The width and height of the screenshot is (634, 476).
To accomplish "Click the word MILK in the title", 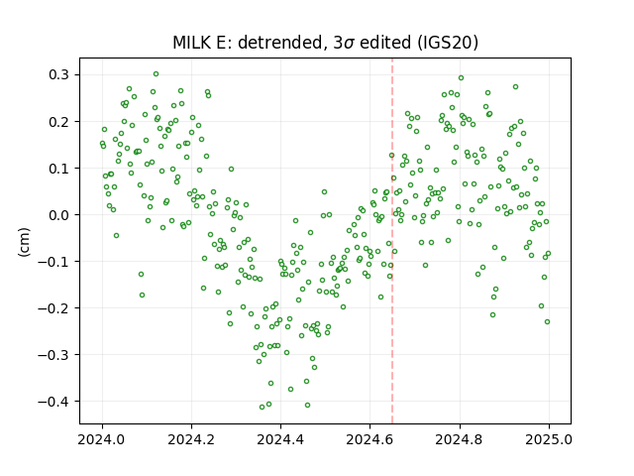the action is tap(192, 43).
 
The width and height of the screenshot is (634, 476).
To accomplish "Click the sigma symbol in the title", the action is tap(350, 44).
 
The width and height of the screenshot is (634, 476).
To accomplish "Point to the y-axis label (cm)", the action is tap(24, 242).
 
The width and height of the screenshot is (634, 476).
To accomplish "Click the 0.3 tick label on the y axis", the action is tap(59, 75).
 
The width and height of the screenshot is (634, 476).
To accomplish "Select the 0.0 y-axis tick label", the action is tap(59, 215).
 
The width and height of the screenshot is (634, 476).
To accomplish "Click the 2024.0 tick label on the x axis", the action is tap(102, 439).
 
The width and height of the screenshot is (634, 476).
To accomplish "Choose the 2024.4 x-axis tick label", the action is tap(280, 439).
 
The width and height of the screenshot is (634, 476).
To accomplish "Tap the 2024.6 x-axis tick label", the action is tap(370, 439).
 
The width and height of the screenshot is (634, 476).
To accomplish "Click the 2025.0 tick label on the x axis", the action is tap(549, 439).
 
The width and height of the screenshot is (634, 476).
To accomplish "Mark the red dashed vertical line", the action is tap(392, 241).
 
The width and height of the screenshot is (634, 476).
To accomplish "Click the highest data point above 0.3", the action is tap(157, 74).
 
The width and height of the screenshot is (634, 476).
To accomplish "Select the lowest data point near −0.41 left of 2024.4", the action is tap(262, 408).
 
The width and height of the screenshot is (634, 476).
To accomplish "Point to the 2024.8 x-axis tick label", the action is tap(459, 439).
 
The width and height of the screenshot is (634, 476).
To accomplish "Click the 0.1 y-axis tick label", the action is tap(59, 169).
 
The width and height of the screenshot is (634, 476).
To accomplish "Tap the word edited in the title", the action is tap(385, 43).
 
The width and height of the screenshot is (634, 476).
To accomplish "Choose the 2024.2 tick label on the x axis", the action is tap(191, 439).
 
